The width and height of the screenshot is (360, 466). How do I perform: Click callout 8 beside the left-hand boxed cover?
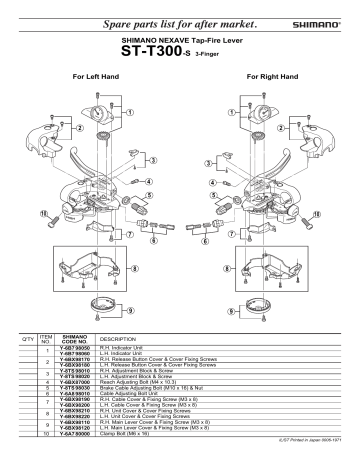136,270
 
